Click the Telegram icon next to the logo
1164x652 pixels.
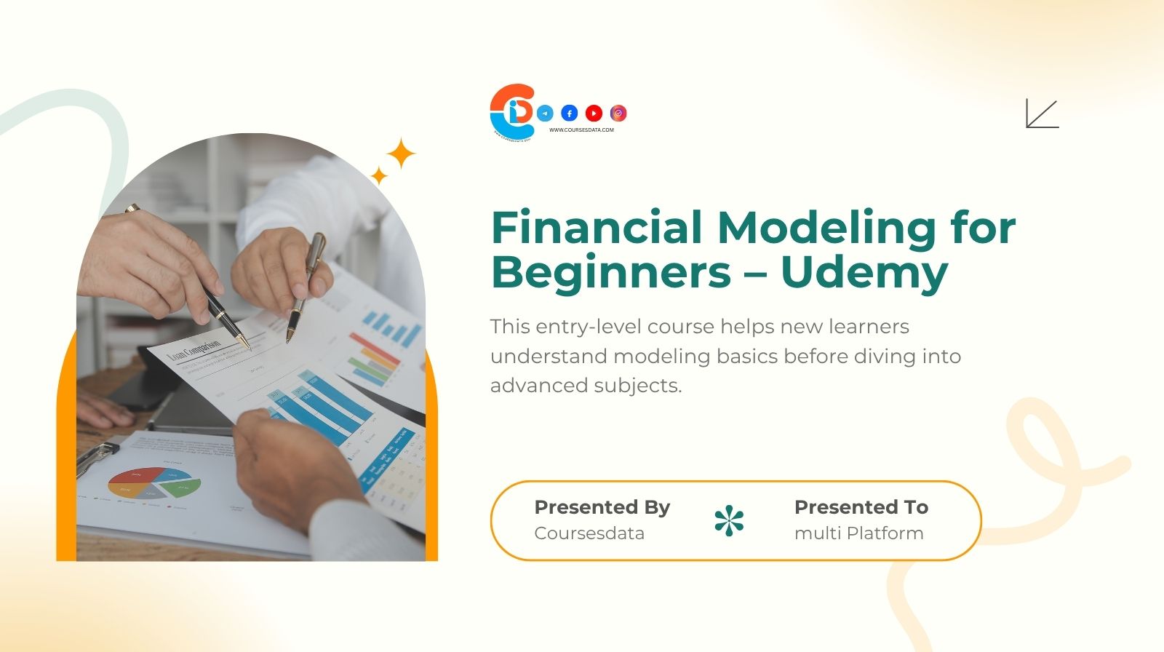point(545,113)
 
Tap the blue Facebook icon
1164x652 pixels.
point(570,113)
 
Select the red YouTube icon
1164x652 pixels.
point(594,113)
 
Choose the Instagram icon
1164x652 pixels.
point(618,113)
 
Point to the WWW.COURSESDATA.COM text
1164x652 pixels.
point(581,130)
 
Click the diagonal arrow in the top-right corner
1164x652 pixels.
point(1042,114)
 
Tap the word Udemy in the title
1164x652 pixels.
point(864,272)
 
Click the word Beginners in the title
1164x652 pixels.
point(611,272)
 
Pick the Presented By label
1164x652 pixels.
point(602,506)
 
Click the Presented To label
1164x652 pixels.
point(861,506)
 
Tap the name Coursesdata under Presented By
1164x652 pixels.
point(589,533)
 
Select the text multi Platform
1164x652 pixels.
point(858,533)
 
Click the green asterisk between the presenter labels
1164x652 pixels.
point(729,520)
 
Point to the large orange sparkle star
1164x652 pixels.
point(400,154)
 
